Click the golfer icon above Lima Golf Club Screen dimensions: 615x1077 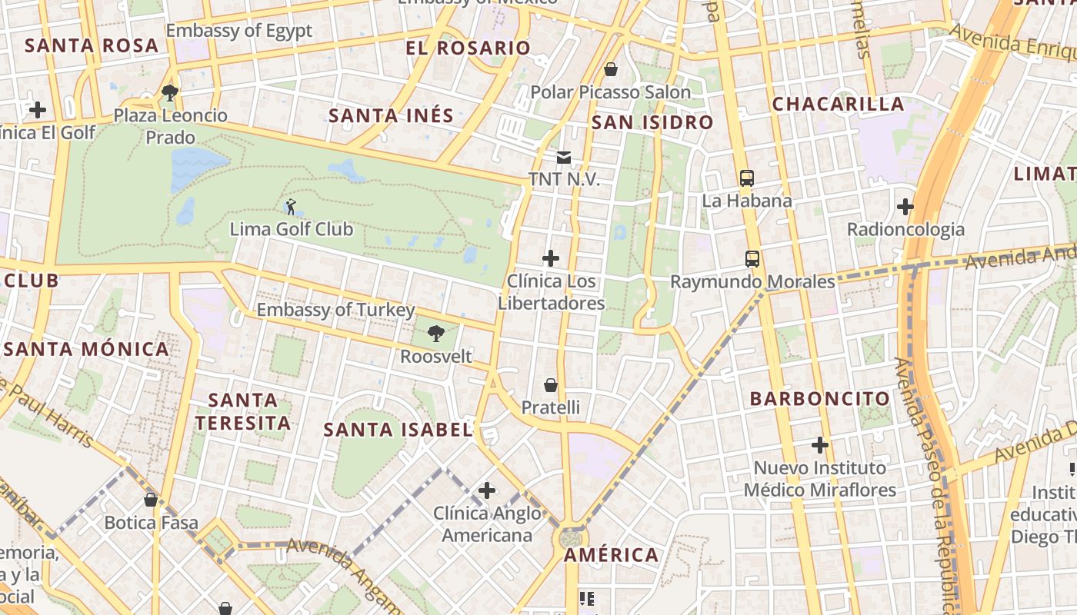pyautogui.click(x=291, y=207)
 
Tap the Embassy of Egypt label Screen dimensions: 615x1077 pyautogui.click(x=239, y=31)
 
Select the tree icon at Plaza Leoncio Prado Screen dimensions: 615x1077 pyautogui.click(x=170, y=94)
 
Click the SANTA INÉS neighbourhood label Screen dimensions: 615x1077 pyautogui.click(x=391, y=116)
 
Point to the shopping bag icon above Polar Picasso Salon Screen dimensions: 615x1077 pyautogui.click(x=611, y=70)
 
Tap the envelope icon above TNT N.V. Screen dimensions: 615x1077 pyautogui.click(x=564, y=158)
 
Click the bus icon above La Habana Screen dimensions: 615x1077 pyautogui.click(x=746, y=178)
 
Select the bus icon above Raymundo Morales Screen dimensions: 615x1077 pyautogui.click(x=752, y=259)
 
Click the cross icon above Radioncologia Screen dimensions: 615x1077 pyautogui.click(x=905, y=207)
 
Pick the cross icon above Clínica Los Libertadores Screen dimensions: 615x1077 pyautogui.click(x=551, y=258)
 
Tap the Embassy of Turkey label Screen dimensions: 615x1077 pyautogui.click(x=335, y=310)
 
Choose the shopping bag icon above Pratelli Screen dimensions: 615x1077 pyautogui.click(x=551, y=384)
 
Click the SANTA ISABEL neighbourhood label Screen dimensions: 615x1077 pyautogui.click(x=398, y=430)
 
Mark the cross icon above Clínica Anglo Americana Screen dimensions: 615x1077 pyautogui.click(x=486, y=490)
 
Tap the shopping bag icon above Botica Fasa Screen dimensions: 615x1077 pyautogui.click(x=151, y=500)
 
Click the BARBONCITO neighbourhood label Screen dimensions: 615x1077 pyautogui.click(x=820, y=399)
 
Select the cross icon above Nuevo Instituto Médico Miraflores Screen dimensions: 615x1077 pyautogui.click(x=820, y=445)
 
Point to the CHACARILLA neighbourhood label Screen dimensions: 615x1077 pyautogui.click(x=838, y=104)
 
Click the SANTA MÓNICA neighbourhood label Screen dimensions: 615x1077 pyautogui.click(x=86, y=349)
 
